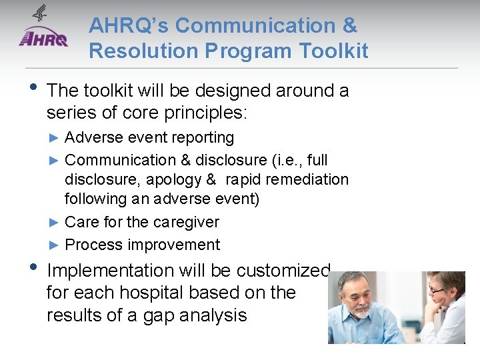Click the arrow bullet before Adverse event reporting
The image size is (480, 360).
coord(55,138)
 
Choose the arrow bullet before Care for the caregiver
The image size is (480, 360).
coord(55,222)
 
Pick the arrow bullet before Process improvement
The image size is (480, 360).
coord(55,245)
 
